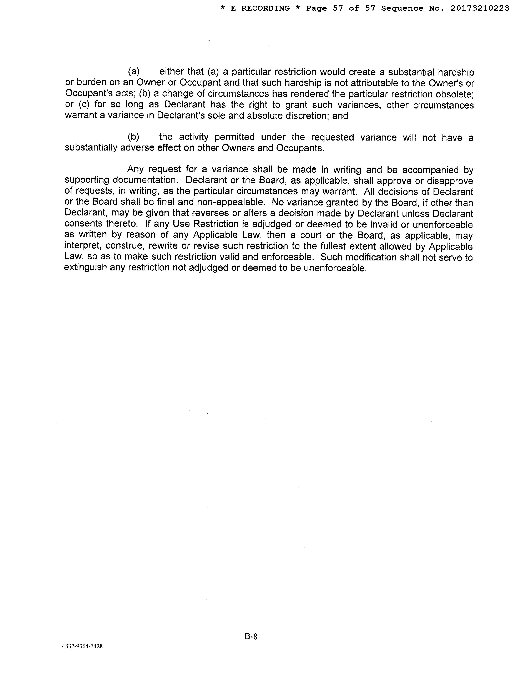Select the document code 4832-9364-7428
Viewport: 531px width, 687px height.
pos(82,646)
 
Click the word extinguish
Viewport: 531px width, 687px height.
pos(85,268)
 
